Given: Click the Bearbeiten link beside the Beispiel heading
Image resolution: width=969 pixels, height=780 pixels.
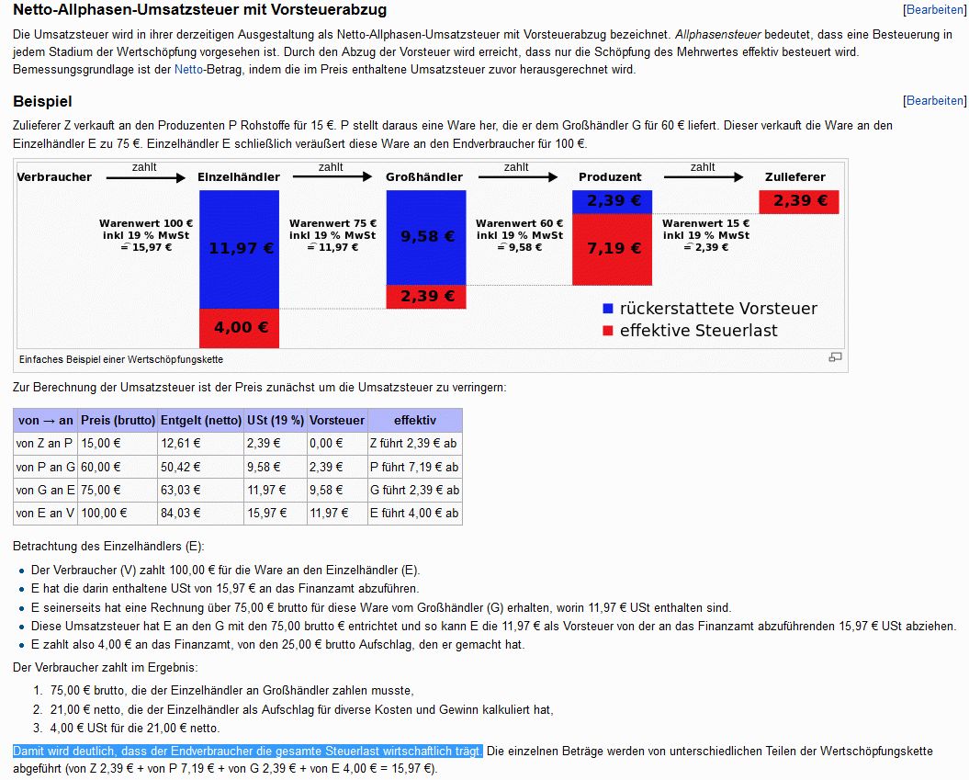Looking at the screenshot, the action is coord(935,101).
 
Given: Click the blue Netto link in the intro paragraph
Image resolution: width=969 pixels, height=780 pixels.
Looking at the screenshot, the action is coord(188,69).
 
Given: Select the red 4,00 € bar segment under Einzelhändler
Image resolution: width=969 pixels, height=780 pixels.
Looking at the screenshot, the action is coord(239,328).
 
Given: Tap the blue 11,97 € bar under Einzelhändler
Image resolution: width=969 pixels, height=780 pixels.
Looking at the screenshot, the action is coord(239,249).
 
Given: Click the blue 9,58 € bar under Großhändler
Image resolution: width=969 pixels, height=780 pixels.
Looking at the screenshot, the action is coord(426,237).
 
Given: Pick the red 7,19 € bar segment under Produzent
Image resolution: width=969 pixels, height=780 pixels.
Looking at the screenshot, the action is coord(612,249).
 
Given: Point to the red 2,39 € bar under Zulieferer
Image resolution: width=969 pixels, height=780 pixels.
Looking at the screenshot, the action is coord(799,201).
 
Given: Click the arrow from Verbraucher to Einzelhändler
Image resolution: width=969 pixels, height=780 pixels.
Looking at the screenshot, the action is coord(146,178).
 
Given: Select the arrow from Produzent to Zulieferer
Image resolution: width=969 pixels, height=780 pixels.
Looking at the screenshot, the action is coord(704,177).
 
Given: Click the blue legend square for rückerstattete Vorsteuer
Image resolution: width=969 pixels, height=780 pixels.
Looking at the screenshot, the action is coord(607,309).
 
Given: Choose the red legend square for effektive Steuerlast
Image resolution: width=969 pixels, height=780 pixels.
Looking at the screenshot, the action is coord(607,331).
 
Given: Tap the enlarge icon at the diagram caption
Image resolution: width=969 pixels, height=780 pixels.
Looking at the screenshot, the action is coord(835,357).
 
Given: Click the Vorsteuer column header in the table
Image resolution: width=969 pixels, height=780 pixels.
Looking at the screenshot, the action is coord(337,420).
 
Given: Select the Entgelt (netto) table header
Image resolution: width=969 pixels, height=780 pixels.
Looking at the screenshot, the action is coord(201,420).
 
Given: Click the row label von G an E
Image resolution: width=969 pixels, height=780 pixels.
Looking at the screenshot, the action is coord(46,490).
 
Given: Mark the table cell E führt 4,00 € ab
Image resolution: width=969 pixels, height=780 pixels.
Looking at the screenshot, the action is coord(414,513).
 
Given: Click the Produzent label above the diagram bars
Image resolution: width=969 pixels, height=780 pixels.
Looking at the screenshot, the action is coord(610,176).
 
